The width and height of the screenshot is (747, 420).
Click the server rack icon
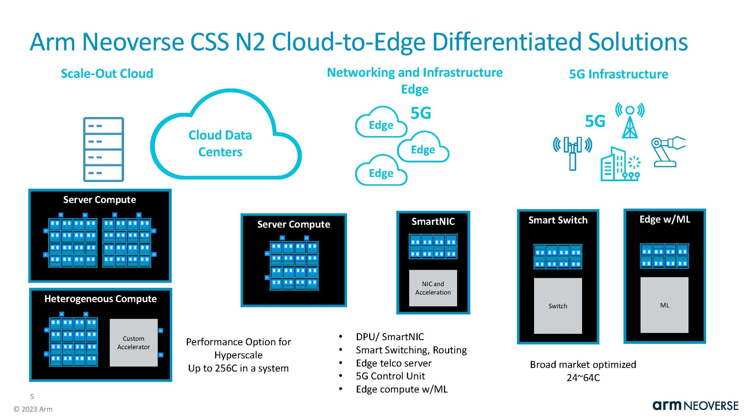click(x=104, y=149)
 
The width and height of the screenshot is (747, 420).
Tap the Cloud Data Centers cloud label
click(x=220, y=143)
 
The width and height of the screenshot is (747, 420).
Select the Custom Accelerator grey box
click(x=134, y=343)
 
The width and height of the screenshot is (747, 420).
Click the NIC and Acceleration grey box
click(x=433, y=288)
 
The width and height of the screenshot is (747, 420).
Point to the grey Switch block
click(x=558, y=306)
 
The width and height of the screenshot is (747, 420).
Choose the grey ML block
click(x=664, y=305)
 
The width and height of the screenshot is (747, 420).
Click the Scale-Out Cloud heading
click(x=107, y=73)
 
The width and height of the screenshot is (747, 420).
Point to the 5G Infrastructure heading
click(x=618, y=74)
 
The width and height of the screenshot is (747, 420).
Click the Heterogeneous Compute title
click(x=100, y=299)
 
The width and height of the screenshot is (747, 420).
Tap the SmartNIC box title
click(x=433, y=221)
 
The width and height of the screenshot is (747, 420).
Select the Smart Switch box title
click(x=558, y=220)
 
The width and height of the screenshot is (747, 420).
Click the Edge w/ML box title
click(x=664, y=219)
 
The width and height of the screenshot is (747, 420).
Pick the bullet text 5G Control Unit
click(x=390, y=376)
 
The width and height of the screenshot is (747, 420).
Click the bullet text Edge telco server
click(x=393, y=363)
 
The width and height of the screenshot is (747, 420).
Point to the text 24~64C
click(x=583, y=378)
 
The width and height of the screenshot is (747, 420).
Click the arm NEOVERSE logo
click(x=695, y=406)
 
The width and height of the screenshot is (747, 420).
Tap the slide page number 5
click(x=32, y=396)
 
